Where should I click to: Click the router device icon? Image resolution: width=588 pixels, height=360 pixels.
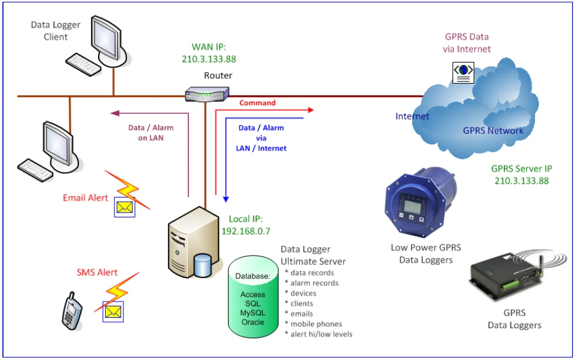point(206,95)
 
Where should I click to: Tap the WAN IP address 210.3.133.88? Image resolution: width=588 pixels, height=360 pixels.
point(209,59)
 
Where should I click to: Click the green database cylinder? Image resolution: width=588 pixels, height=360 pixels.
point(252,298)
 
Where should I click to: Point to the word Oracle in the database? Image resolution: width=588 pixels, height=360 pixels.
point(253,322)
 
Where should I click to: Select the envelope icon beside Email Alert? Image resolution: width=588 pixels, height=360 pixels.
point(125,208)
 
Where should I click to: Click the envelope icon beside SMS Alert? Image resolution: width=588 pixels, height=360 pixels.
point(113,311)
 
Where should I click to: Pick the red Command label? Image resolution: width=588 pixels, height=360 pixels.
point(257,103)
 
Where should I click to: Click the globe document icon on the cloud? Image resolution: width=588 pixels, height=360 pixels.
point(463,71)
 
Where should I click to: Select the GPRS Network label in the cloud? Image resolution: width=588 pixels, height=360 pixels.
point(493,131)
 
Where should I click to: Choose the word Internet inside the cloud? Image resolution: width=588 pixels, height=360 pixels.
point(412,116)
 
